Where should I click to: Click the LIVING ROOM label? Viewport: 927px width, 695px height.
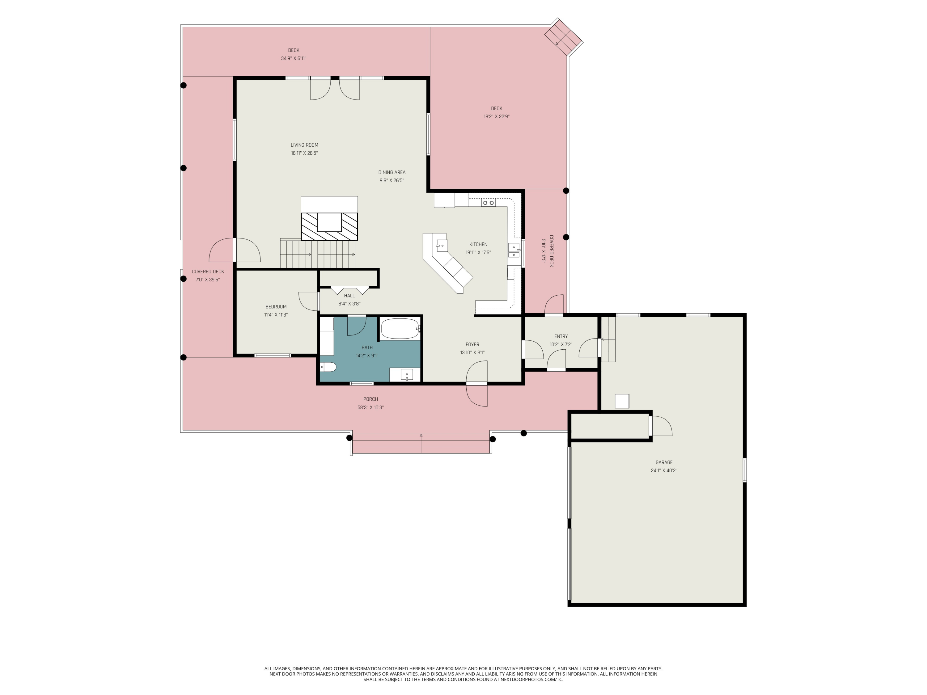point(304,145)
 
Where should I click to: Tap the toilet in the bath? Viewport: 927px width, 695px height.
point(328,367)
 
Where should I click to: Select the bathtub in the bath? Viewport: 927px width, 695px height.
point(400,329)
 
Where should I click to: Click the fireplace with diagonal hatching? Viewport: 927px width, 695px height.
point(329,226)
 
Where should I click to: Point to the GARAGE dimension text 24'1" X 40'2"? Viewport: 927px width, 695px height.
point(664,470)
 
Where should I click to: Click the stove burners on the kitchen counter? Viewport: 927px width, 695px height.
point(488,203)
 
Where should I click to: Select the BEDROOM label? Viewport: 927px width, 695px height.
point(276,307)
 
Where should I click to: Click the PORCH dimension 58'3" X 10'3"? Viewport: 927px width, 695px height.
point(370,408)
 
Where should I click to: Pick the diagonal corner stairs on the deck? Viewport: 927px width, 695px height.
point(563,37)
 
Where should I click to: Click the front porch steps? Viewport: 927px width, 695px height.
point(421,444)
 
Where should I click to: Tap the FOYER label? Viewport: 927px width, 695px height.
point(472,344)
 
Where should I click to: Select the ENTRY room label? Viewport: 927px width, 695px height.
point(561,336)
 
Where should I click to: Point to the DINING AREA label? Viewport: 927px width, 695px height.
point(392,172)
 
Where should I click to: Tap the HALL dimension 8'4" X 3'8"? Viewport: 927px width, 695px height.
point(349,304)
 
